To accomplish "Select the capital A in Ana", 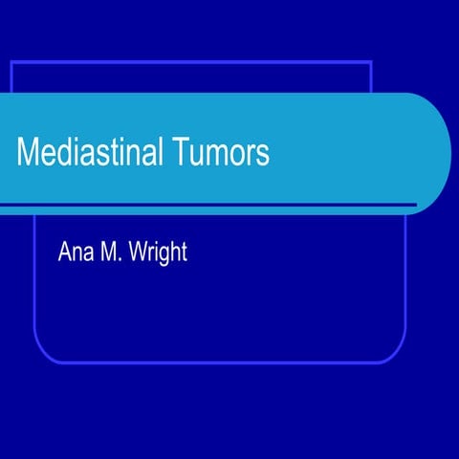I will click(66, 255).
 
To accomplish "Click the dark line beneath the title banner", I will click(210, 205).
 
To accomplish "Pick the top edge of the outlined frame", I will click(191, 61).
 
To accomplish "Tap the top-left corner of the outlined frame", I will click(11, 61).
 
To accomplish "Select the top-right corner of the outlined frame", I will click(371, 61).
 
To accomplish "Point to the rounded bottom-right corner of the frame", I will click(397, 354).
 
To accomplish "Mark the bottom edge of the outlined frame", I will click(220, 363).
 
